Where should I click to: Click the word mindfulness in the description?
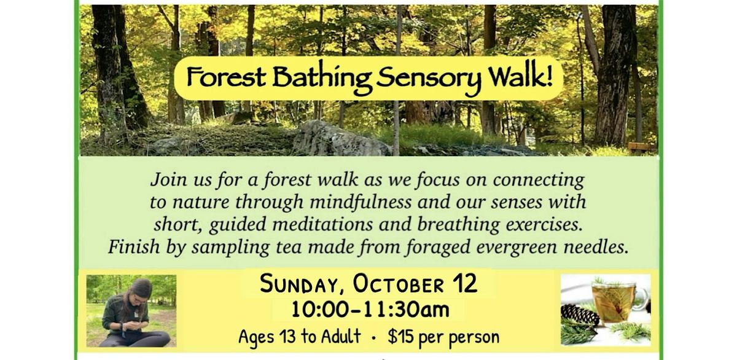pyautogui.click(x=361, y=202)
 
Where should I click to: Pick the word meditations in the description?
pyautogui.click(x=323, y=224)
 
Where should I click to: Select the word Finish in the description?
pyautogui.click(x=134, y=246)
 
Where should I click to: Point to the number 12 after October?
pyautogui.click(x=465, y=283)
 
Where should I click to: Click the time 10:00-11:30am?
pyautogui.click(x=370, y=310)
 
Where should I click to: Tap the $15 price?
pyautogui.click(x=399, y=336)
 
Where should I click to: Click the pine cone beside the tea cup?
pyautogui.click(x=580, y=315)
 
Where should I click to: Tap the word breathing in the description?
pyautogui.click(x=458, y=225)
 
